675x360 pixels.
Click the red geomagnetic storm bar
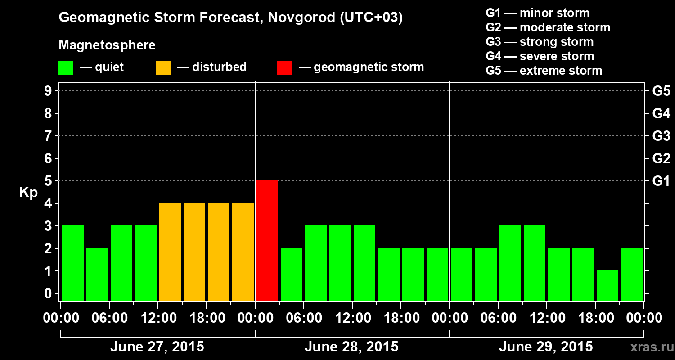click(267, 240)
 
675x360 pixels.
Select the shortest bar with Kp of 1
click(607, 285)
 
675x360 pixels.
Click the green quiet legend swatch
click(66, 68)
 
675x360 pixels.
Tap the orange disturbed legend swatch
click(163, 68)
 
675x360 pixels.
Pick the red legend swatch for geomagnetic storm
click(284, 68)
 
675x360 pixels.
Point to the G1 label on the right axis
click(661, 181)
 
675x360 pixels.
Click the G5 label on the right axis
click(661, 91)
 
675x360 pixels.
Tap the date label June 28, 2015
click(351, 347)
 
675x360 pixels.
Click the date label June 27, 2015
click(157, 347)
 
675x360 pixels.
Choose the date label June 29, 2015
click(546, 347)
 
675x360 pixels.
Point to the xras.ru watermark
click(648, 347)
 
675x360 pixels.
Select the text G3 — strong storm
click(540, 42)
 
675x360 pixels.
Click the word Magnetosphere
click(107, 45)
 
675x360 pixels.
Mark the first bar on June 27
click(73, 263)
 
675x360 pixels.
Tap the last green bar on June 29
click(632, 274)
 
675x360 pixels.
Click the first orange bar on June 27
click(170, 252)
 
